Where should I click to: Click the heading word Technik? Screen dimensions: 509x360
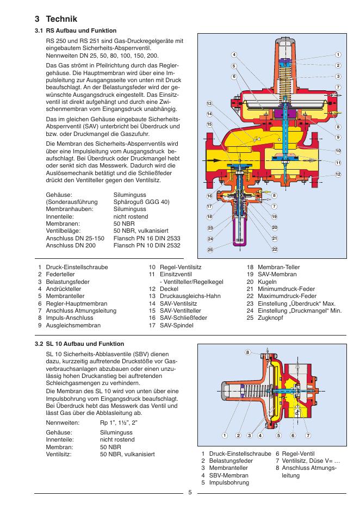coord(62,19)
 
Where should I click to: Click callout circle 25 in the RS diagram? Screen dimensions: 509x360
coord(210,250)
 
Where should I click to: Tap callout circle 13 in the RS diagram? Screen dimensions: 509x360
coord(209,103)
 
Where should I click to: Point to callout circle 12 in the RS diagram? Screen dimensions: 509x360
coord(338,174)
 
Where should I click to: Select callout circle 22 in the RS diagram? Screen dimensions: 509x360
coord(275,249)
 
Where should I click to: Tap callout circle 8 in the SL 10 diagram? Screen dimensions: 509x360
coord(248,353)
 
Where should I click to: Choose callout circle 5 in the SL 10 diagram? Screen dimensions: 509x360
coord(278,435)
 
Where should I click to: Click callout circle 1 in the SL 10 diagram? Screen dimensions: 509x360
coord(224,435)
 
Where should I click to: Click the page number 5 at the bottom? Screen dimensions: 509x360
coord(190,493)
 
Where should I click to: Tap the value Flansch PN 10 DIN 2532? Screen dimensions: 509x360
coord(147,245)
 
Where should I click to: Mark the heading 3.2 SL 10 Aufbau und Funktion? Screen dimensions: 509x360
coord(79,344)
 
